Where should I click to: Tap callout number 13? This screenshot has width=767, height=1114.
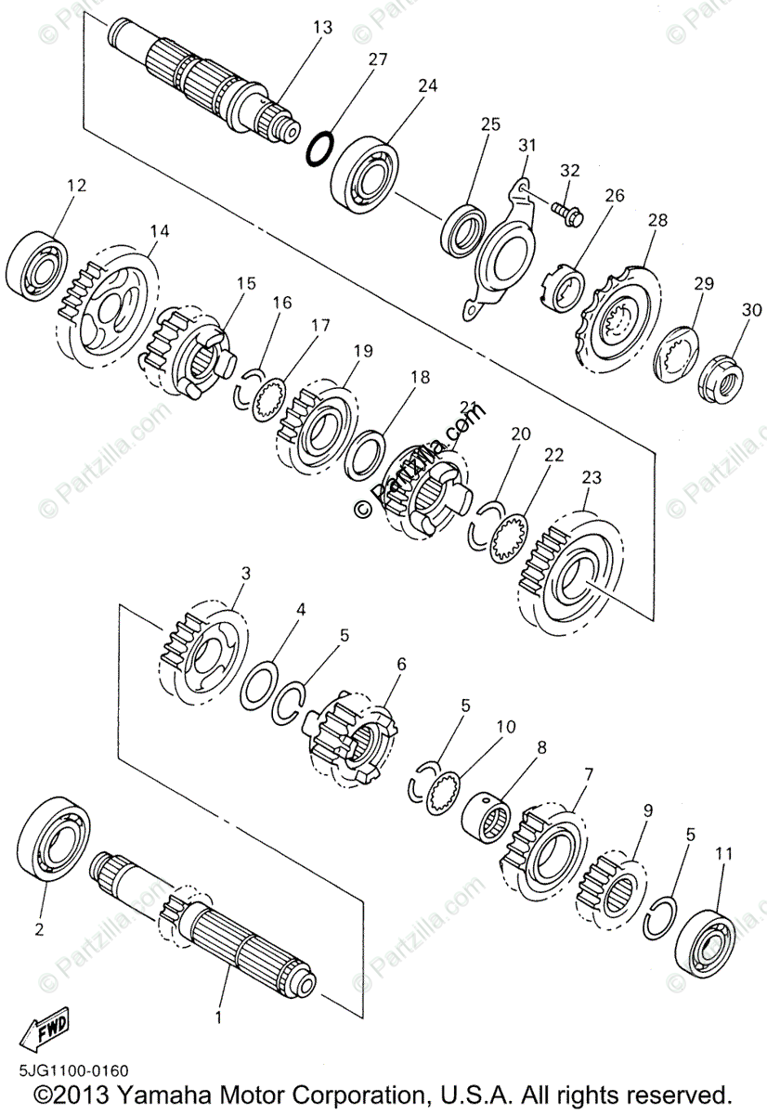[x=322, y=29]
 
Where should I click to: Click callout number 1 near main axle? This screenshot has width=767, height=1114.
[x=219, y=1017]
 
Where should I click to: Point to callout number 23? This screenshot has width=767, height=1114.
[x=591, y=478]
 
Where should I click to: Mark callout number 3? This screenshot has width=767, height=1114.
[x=245, y=574]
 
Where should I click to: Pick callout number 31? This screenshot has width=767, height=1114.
[x=527, y=145]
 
